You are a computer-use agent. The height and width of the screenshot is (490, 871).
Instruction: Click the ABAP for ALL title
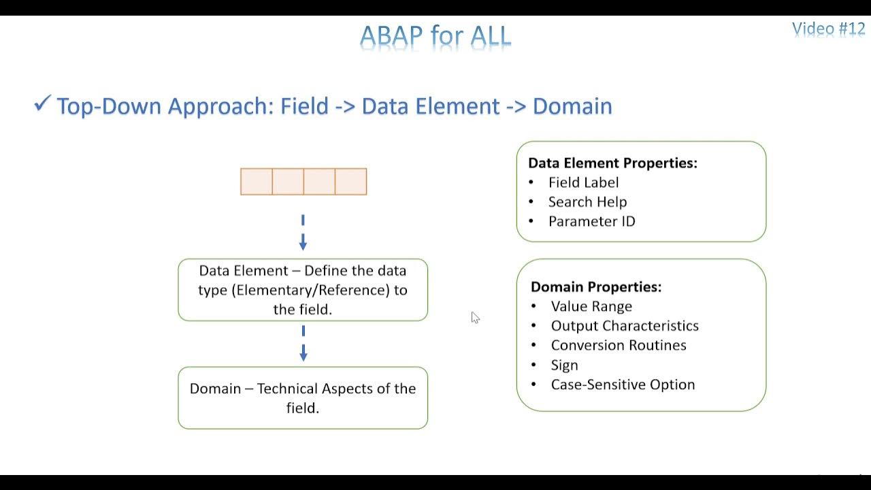435,36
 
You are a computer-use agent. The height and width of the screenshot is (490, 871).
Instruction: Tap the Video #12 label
828,29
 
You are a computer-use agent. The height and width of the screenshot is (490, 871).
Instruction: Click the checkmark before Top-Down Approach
42,104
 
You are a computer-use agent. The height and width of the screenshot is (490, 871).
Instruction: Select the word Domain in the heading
572,106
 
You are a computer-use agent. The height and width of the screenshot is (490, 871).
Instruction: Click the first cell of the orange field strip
257,182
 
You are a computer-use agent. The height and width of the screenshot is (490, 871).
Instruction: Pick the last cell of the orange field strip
351,182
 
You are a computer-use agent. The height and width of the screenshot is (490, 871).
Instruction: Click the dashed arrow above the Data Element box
303,233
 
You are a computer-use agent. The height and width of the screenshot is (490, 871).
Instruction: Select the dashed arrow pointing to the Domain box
303,344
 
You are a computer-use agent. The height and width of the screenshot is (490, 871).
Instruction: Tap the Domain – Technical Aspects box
303,398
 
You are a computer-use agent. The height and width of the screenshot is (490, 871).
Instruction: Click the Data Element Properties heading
612,163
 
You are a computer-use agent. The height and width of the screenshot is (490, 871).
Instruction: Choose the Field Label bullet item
583,182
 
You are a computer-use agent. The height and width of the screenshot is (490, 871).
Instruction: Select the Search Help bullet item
587,202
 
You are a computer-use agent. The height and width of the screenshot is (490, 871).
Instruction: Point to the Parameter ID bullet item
591,221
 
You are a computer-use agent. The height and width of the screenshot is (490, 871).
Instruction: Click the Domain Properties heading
596,287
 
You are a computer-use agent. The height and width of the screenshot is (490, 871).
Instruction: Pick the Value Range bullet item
591,306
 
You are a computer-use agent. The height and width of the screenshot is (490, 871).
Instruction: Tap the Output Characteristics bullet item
625,326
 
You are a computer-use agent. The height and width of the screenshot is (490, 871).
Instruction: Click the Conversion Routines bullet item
619,345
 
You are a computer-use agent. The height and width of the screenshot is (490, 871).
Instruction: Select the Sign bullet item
564,365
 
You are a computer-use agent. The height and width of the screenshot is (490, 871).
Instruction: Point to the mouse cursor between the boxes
475,317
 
